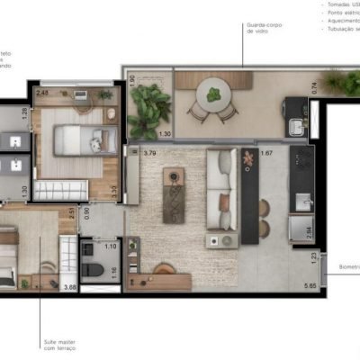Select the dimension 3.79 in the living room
[151, 154]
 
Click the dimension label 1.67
[266, 154]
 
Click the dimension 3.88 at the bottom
[69, 287]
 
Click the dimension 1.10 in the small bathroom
[111, 246]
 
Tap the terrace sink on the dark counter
[297, 107]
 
